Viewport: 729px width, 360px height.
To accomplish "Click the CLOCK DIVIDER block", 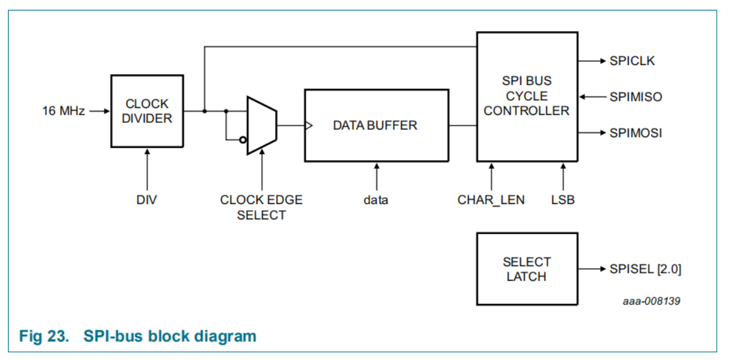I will tap(147, 111).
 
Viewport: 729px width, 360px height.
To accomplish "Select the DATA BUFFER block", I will tap(376, 125).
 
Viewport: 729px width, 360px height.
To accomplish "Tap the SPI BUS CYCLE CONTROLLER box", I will tap(527, 96).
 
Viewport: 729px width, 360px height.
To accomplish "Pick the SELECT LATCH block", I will tap(527, 269).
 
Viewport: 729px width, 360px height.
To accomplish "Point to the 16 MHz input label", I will tap(63, 111).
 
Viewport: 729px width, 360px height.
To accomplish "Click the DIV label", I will tap(147, 200).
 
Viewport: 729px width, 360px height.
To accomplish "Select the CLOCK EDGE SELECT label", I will tap(261, 208).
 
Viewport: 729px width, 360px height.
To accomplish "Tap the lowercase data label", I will tap(376, 200).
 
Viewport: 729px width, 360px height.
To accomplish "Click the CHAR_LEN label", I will tap(491, 200).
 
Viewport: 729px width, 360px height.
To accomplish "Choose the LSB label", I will tap(562, 200).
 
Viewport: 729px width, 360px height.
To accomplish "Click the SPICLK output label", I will tap(632, 61).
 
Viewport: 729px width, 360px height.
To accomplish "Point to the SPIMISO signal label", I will tap(636, 96).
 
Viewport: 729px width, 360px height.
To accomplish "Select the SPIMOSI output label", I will tap(636, 133).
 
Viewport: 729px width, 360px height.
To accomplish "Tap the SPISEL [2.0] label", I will tap(645, 269).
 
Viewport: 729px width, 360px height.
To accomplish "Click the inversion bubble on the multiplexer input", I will tap(243, 140).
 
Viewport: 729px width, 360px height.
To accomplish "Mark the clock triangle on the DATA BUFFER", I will tap(309, 125).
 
